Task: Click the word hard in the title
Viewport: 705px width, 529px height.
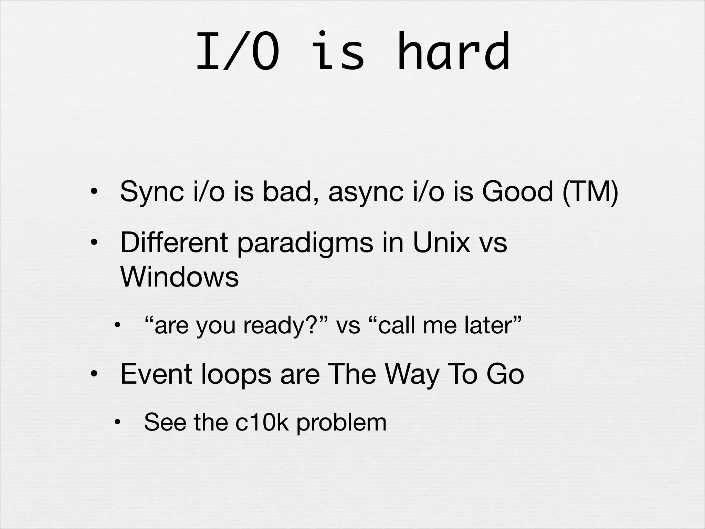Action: pyautogui.click(x=453, y=52)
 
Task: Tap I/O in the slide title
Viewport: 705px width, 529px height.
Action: pyautogui.click(x=238, y=52)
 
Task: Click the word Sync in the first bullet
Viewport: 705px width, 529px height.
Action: pyautogui.click(x=151, y=192)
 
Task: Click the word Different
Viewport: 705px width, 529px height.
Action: pyautogui.click(x=174, y=242)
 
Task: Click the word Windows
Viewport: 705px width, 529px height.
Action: pyautogui.click(x=179, y=277)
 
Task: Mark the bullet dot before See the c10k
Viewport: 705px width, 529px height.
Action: pyautogui.click(x=118, y=423)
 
